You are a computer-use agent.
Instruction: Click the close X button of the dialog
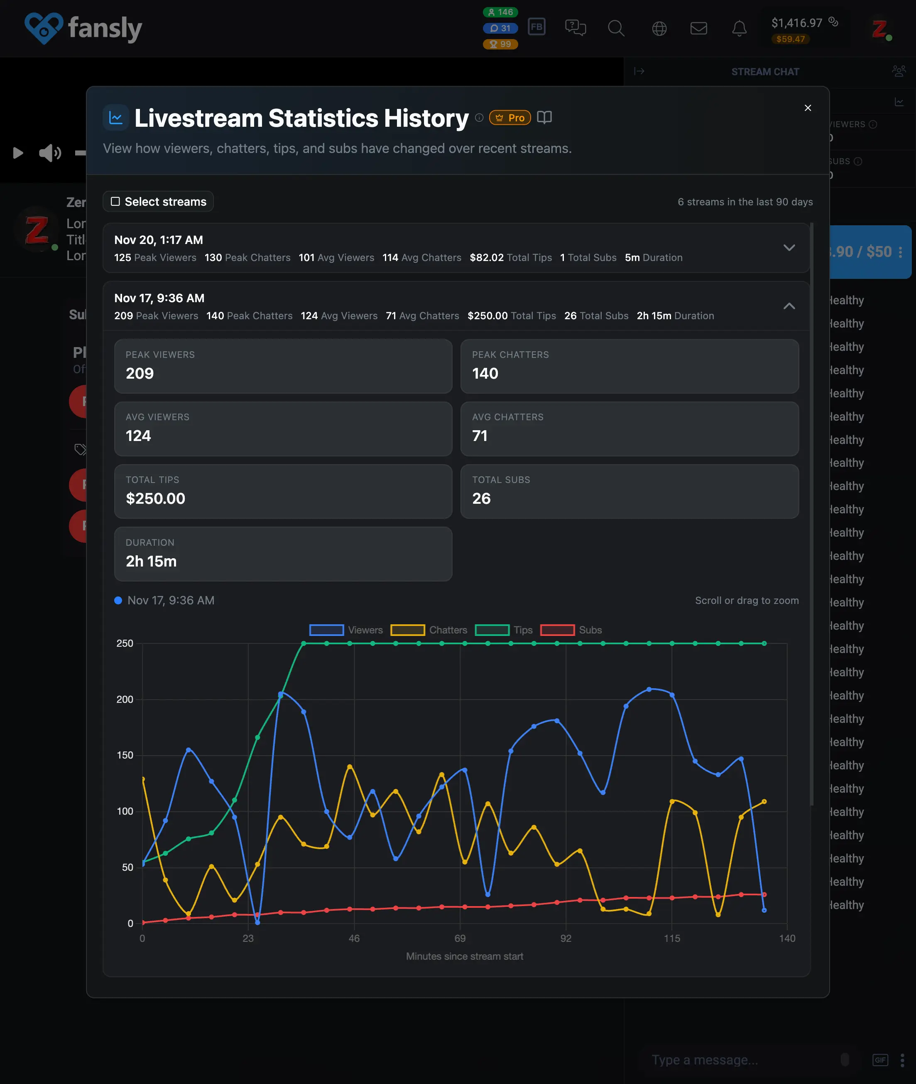click(808, 108)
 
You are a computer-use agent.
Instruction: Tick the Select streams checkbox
click(115, 202)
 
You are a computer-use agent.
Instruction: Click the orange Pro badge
click(509, 118)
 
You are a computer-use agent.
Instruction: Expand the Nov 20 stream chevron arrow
click(789, 248)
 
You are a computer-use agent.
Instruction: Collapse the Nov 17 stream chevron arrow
click(789, 306)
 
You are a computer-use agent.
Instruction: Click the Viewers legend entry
click(346, 630)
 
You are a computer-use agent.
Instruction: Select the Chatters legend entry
click(429, 630)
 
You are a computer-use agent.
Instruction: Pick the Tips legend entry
click(504, 630)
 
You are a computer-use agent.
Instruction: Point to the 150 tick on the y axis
click(125, 755)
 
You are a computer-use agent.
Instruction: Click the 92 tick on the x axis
click(566, 938)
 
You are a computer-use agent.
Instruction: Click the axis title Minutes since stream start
click(464, 956)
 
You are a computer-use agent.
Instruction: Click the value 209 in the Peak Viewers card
click(140, 373)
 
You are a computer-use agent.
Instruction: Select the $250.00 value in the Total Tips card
click(155, 498)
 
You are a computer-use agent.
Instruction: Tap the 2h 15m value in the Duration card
click(151, 561)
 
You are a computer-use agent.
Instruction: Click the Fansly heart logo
click(44, 28)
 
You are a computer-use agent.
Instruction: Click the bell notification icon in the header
click(739, 28)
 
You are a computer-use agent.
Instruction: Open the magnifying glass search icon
click(616, 28)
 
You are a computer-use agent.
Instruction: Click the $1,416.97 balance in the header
click(796, 23)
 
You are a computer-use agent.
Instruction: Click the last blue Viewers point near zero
click(764, 910)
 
